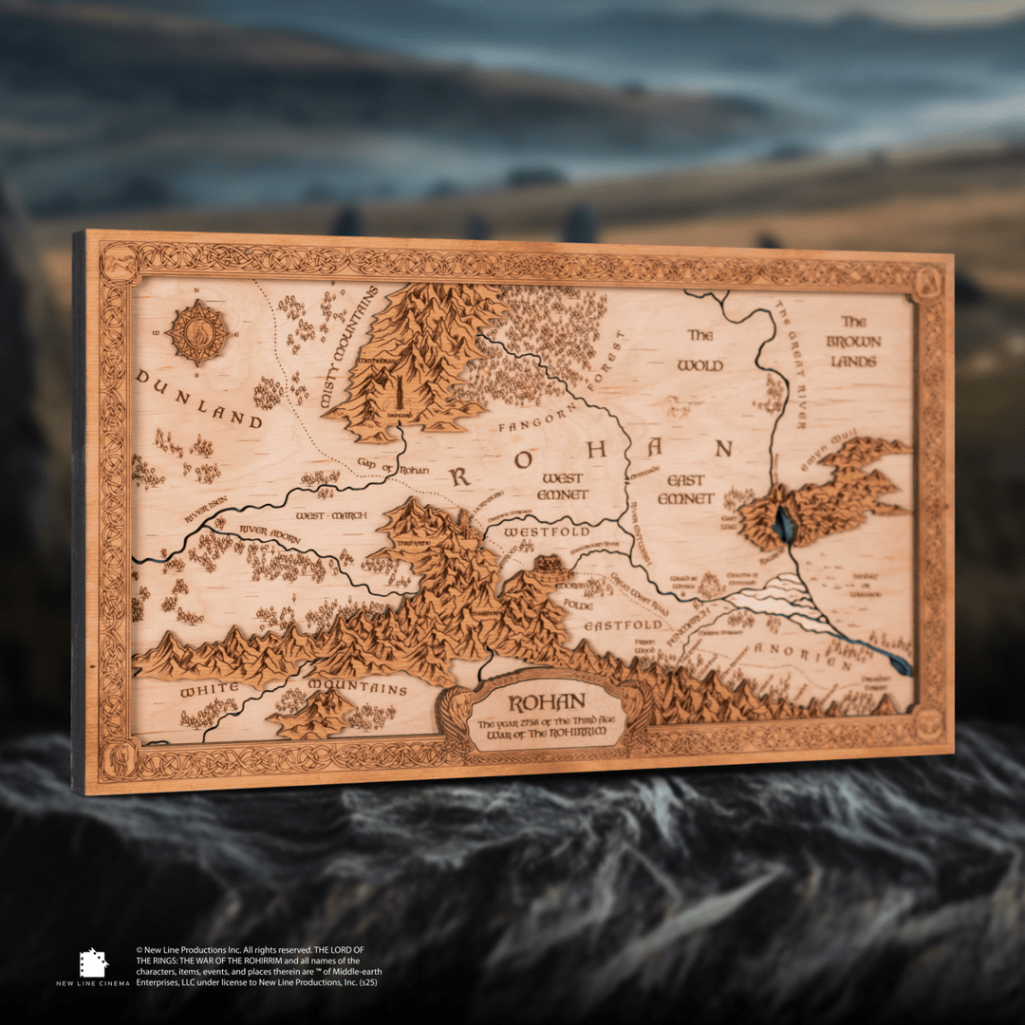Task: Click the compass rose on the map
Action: [x=197, y=333]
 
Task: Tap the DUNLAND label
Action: [x=198, y=398]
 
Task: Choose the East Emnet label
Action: [x=686, y=491]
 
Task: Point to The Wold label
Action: [x=700, y=350]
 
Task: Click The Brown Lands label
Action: [x=853, y=342]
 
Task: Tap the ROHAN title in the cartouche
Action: [x=539, y=704]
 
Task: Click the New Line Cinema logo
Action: [x=93, y=966]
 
